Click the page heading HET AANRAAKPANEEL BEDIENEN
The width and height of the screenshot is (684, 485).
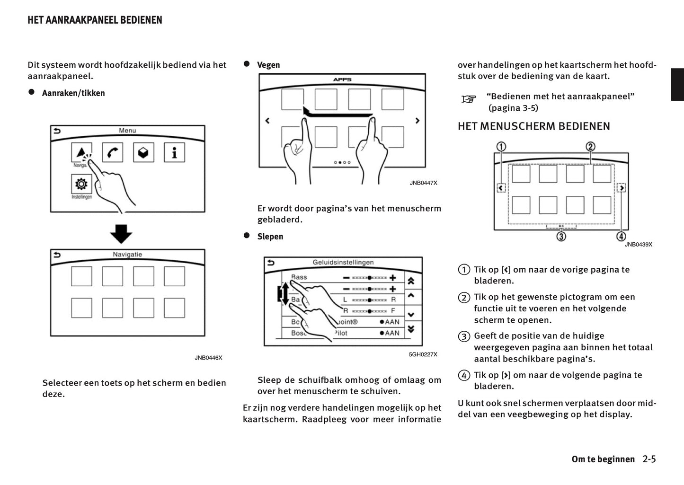pyautogui.click(x=95, y=20)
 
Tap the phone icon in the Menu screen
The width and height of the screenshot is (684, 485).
pyautogui.click(x=112, y=153)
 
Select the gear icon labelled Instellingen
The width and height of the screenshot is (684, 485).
pyautogui.click(x=81, y=184)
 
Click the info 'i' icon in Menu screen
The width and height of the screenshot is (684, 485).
pyautogui.click(x=174, y=153)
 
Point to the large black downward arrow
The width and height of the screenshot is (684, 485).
pyautogui.click(x=121, y=233)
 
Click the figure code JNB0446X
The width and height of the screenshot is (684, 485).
pyautogui.click(x=208, y=358)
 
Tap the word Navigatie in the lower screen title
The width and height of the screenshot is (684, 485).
pyautogui.click(x=127, y=255)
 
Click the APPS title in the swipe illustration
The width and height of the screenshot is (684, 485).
pyautogui.click(x=342, y=79)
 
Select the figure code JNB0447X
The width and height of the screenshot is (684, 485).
pyautogui.click(x=423, y=183)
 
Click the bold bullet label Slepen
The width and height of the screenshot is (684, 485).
pyautogui.click(x=270, y=237)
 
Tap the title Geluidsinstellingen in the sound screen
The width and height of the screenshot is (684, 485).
pyautogui.click(x=343, y=262)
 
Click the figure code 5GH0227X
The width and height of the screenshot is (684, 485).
pyautogui.click(x=423, y=354)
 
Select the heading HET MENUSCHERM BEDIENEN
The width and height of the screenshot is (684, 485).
pyautogui.click(x=534, y=126)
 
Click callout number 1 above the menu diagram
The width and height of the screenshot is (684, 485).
pyautogui.click(x=501, y=147)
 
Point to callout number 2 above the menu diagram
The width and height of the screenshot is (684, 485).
pyautogui.click(x=590, y=147)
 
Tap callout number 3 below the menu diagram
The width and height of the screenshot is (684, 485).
pyautogui.click(x=561, y=236)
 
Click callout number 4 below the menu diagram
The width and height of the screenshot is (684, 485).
pyautogui.click(x=621, y=236)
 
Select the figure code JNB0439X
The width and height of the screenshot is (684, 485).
pyautogui.click(x=638, y=245)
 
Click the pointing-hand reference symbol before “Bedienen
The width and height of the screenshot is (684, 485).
pyautogui.click(x=469, y=99)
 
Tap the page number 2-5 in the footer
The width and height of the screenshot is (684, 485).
pyautogui.click(x=649, y=459)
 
